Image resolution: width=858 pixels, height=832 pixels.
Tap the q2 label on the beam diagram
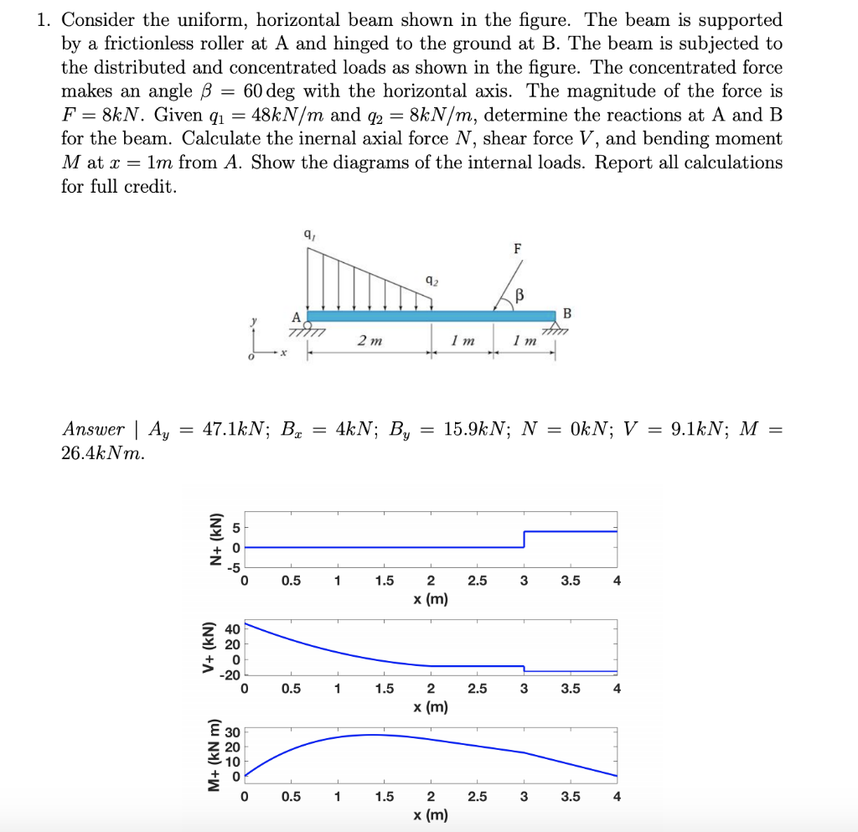pos(431,282)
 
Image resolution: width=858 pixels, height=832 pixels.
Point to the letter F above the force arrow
pos(517,250)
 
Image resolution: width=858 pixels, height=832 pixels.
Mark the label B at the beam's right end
pos(567,314)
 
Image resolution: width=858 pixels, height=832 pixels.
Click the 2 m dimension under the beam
pos(370,341)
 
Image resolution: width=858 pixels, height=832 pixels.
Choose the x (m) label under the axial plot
pos(431,599)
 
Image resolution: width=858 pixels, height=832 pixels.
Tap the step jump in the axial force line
pos(525,539)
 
